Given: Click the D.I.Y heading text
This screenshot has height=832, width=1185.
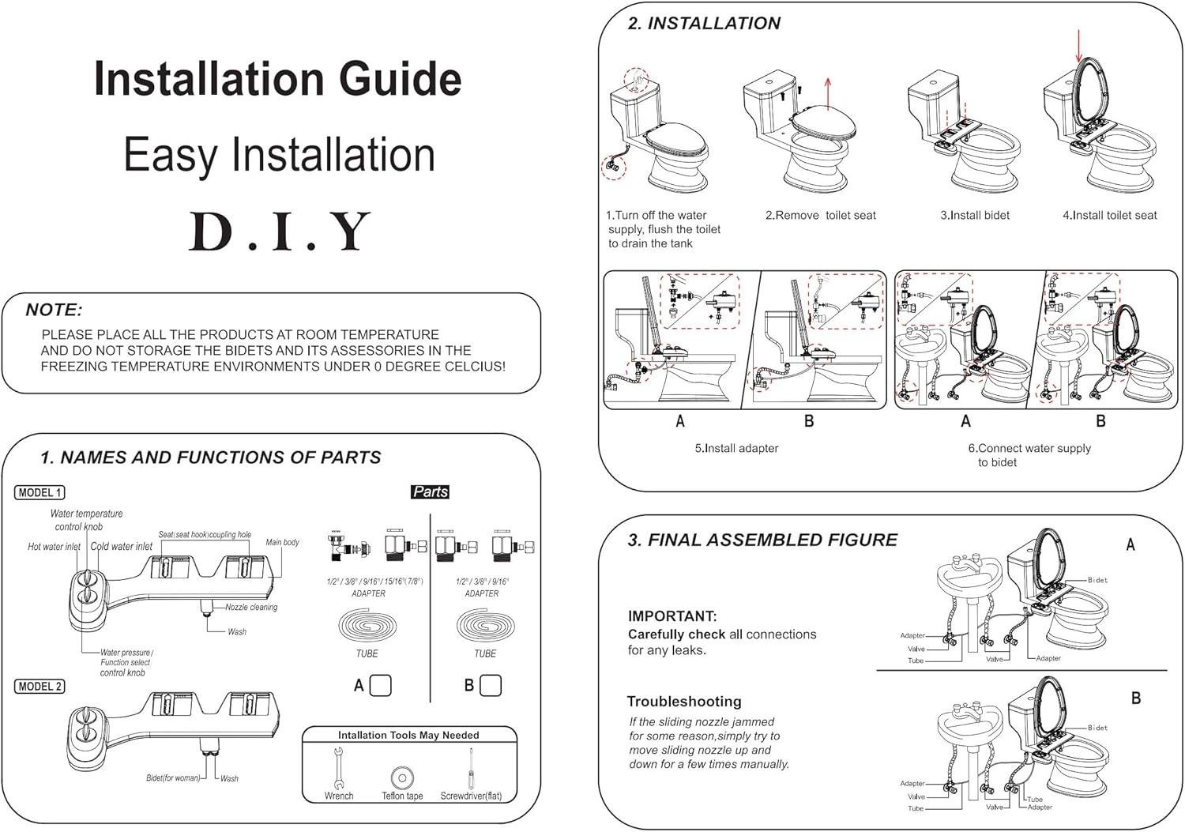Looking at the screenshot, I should pyautogui.click(x=280, y=232).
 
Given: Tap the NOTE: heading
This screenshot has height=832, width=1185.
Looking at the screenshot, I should pyautogui.click(x=54, y=310).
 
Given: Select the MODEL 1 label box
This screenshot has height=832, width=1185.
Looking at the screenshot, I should pyautogui.click(x=39, y=492).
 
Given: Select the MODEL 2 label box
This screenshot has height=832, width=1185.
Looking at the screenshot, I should pyautogui.click(x=39, y=686).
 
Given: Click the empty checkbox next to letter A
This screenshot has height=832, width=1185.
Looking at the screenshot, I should pyautogui.click(x=381, y=685).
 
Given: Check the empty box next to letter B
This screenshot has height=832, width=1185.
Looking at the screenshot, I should pyautogui.click(x=491, y=685).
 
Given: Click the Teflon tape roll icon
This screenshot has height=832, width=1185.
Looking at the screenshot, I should pyautogui.click(x=402, y=777).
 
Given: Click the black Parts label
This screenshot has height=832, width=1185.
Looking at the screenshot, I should pyautogui.click(x=431, y=491).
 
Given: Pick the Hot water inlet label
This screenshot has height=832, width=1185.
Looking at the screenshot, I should pyautogui.click(x=54, y=547).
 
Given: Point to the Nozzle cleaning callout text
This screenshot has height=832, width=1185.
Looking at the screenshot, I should pyautogui.click(x=251, y=608).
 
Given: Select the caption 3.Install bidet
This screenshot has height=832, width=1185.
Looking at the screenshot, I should pyautogui.click(x=975, y=215).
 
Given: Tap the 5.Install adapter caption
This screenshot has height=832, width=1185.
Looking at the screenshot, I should pyautogui.click(x=736, y=448).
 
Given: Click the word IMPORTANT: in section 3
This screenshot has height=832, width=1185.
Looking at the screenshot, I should pyautogui.click(x=672, y=616).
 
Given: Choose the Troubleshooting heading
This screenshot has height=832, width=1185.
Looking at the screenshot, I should pyautogui.click(x=684, y=702).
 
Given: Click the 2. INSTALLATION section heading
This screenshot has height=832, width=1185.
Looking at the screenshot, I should pyautogui.click(x=704, y=24).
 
